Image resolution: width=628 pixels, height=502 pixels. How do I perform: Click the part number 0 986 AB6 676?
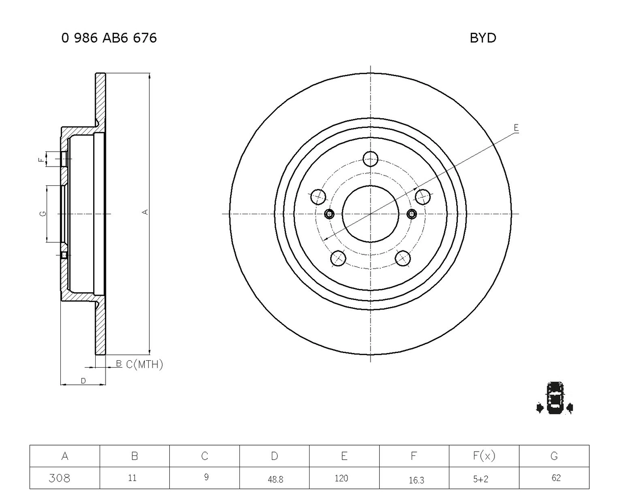click(x=109, y=38)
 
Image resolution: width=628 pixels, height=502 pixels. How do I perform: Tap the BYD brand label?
click(x=483, y=38)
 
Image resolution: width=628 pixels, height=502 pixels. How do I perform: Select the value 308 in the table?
click(x=59, y=478)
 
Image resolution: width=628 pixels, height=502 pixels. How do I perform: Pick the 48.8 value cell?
click(x=275, y=479)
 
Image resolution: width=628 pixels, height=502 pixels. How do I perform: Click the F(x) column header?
click(x=484, y=456)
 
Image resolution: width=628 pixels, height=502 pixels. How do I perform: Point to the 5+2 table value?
click(x=481, y=479)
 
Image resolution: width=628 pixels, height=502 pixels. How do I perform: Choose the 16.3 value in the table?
click(x=417, y=480)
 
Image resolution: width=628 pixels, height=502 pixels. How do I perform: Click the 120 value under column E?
click(x=341, y=478)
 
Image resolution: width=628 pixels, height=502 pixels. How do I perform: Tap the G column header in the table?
click(x=554, y=456)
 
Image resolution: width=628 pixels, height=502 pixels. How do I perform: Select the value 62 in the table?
click(x=556, y=477)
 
